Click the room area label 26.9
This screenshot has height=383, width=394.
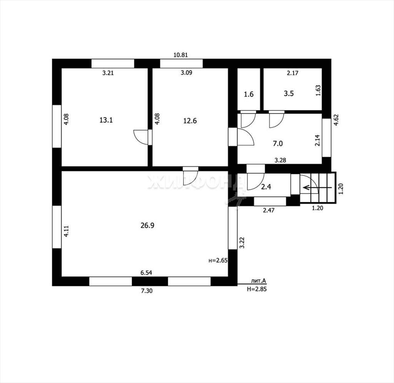tap(147, 226)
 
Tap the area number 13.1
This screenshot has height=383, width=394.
tap(106, 120)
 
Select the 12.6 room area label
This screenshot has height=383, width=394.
tap(190, 121)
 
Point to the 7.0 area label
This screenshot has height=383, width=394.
tap(278, 144)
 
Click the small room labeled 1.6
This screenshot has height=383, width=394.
tap(249, 94)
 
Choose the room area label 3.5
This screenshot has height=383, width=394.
tap(289, 94)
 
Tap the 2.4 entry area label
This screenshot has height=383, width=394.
tap(266, 187)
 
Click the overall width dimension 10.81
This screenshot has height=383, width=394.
tap(181, 55)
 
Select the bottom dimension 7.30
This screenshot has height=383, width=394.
tap(147, 291)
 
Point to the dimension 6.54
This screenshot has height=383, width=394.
tap(146, 273)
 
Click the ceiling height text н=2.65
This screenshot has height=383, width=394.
tap(218, 260)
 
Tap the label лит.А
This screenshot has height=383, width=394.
tap(259, 281)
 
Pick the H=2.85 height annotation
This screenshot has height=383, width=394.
tap(257, 289)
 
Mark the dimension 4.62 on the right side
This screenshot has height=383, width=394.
tap(336, 120)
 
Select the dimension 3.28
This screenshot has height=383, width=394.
tap(280, 160)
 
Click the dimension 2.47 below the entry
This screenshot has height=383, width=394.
tap(269, 210)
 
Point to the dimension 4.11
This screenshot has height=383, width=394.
tap(66, 231)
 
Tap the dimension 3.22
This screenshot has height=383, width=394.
tap(242, 243)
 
